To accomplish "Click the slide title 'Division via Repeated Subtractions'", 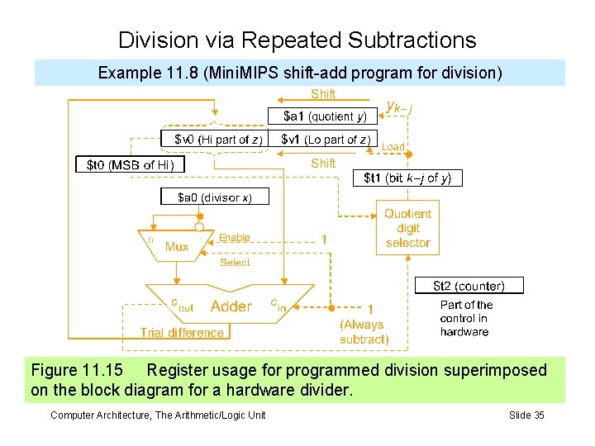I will point(297,40).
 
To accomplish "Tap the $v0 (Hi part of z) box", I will point(217,139).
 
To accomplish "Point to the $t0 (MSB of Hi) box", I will point(131,164).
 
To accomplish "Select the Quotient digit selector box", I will point(407,228).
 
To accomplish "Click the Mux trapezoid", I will point(176,245).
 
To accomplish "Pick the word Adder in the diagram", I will point(231,306).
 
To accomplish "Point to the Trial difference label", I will point(182,333).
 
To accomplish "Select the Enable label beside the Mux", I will point(234,238).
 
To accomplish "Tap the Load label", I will point(393,147).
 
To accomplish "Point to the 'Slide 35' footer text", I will point(526,415).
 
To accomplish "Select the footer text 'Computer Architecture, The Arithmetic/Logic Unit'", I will point(158,415).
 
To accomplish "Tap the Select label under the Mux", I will point(234,262).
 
